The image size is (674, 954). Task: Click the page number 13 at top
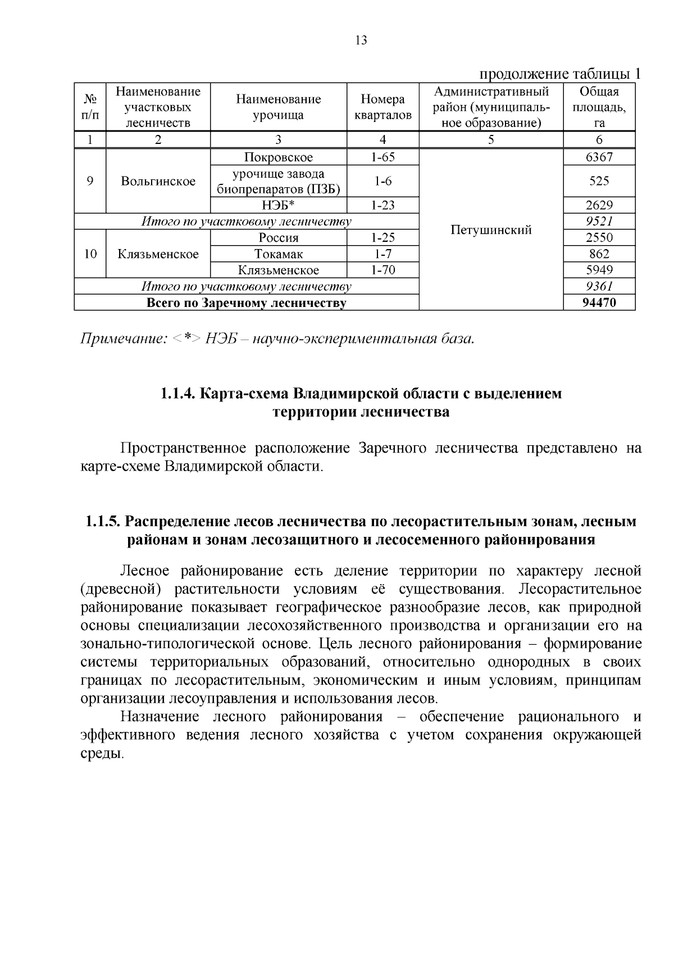361,40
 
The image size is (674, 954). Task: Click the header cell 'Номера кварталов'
382,107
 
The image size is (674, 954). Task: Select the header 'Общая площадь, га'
599,107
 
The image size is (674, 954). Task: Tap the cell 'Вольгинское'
158,181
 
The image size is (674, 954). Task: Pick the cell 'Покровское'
279,157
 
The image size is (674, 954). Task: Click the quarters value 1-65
382,157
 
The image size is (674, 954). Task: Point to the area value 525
599,181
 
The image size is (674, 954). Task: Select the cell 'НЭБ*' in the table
279,205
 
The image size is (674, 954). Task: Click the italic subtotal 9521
599,221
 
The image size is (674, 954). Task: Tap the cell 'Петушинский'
491,229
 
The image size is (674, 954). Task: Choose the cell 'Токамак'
279,254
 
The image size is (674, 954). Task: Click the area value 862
599,254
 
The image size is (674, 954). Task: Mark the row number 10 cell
90,254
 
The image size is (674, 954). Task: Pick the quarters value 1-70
382,270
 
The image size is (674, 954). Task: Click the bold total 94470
599,303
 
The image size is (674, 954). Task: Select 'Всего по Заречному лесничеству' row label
247,303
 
